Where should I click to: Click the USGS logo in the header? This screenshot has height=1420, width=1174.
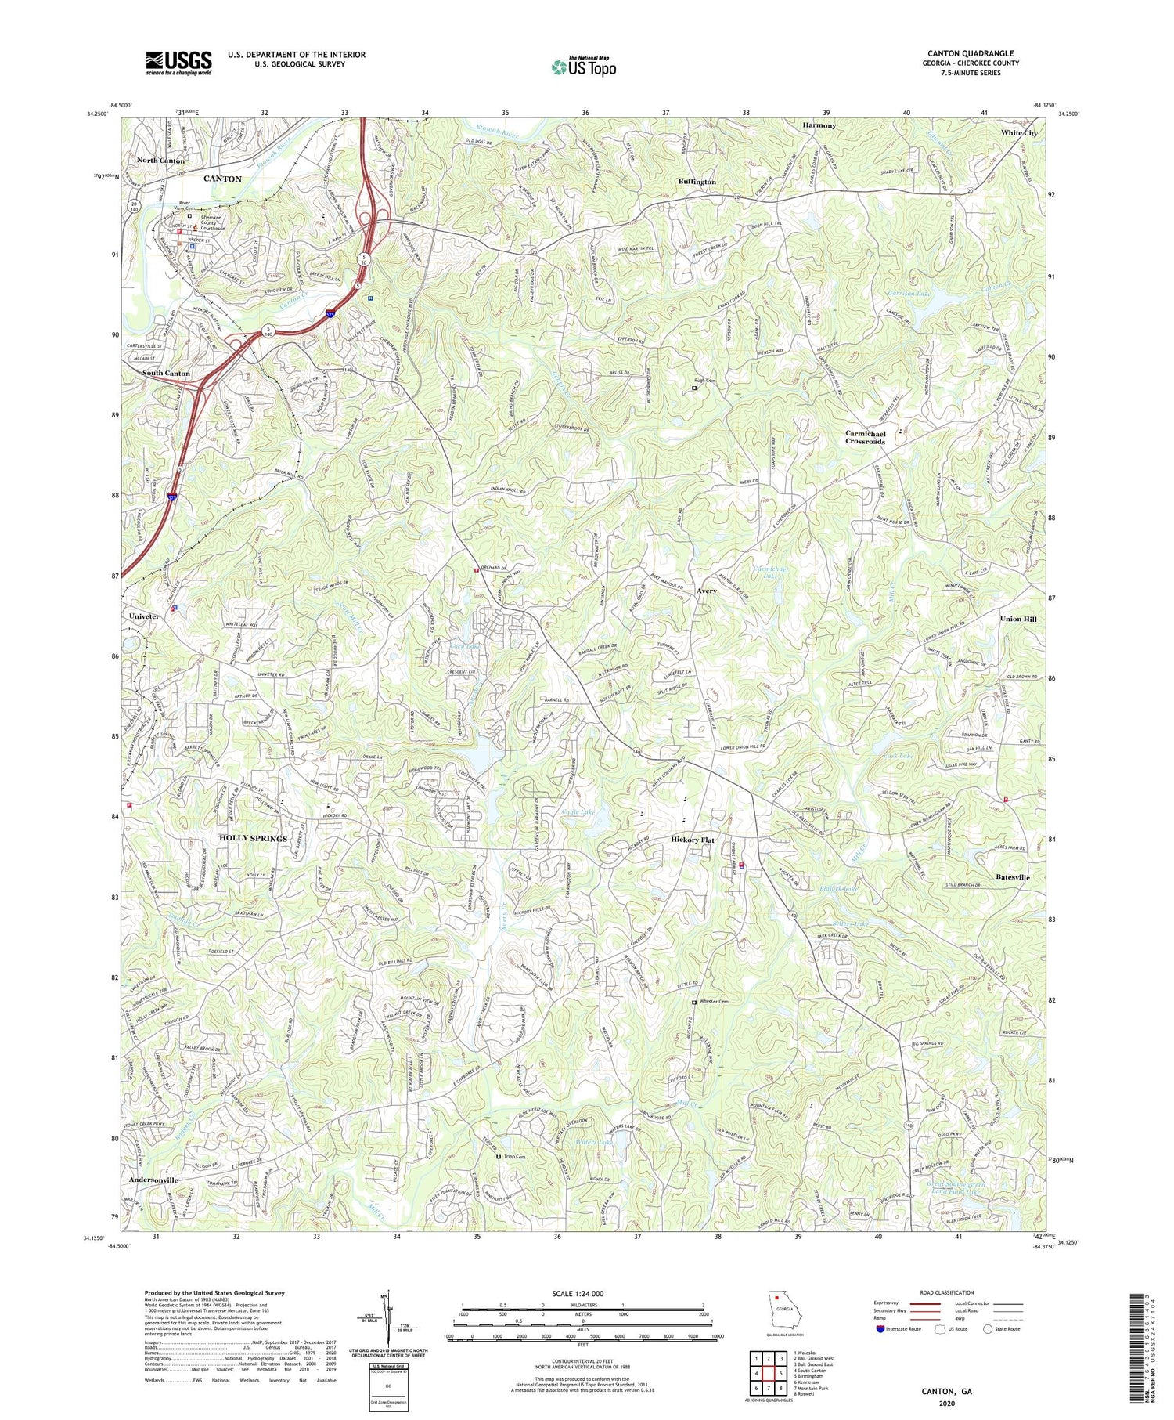coord(178,62)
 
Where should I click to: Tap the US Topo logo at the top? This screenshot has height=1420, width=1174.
coord(583,67)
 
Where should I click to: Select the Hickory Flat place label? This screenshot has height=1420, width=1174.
coord(693,840)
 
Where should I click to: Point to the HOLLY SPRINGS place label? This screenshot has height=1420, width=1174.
coord(253,838)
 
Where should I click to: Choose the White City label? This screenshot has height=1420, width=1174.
coord(1019,133)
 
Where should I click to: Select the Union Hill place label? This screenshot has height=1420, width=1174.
coord(1018,619)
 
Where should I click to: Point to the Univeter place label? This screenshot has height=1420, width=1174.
coord(145,616)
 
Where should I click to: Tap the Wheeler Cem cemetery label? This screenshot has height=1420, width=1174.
coord(712,1002)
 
